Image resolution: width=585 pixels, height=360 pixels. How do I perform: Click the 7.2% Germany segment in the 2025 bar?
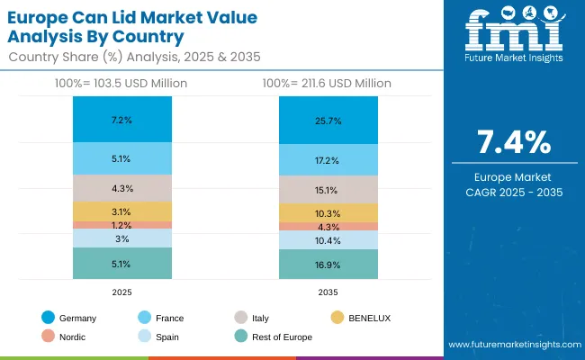click(122, 120)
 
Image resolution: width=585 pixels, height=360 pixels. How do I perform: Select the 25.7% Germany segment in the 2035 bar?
click(328, 120)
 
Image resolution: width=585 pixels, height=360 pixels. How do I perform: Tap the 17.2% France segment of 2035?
click(328, 160)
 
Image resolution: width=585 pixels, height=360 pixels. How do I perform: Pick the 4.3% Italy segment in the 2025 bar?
click(122, 188)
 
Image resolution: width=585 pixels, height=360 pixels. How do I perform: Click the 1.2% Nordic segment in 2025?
click(122, 225)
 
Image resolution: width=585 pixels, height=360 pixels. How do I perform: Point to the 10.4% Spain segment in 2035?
click(328, 240)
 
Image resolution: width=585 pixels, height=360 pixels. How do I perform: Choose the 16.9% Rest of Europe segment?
click(328, 265)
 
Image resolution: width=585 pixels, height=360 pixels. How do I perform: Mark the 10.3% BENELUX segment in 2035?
click(328, 212)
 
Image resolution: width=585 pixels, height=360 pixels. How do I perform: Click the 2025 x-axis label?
click(122, 292)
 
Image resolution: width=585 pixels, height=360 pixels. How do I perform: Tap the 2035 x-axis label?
click(328, 292)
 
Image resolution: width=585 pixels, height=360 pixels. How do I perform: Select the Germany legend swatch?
click(48, 318)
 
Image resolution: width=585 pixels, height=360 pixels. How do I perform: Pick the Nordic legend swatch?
click(48, 337)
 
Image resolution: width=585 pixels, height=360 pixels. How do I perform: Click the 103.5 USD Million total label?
click(121, 83)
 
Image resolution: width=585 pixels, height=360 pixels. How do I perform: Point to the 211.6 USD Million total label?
click(326, 83)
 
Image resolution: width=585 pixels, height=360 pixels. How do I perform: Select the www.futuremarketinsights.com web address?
click(510, 345)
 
